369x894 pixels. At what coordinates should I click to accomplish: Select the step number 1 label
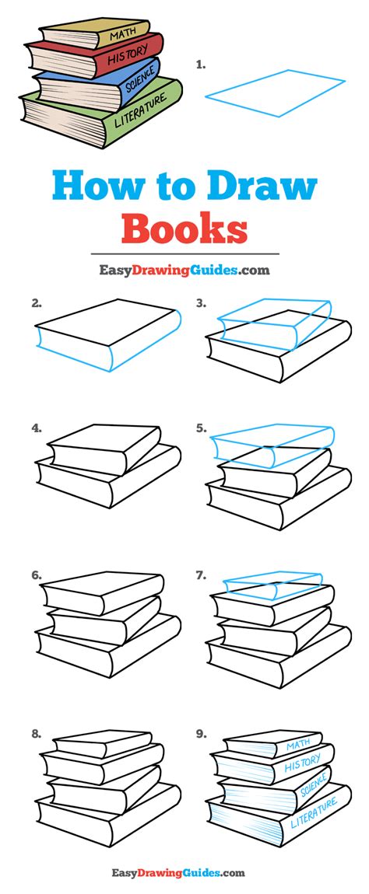[201, 65]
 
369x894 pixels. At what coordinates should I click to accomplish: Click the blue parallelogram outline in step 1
[276, 93]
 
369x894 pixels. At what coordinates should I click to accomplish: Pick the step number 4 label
[37, 428]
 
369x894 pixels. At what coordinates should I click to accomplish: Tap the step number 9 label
[201, 735]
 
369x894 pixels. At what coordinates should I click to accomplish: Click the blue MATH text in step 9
[298, 746]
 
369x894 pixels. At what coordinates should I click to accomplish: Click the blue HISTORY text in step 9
[303, 765]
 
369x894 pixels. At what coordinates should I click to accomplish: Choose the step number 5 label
[201, 428]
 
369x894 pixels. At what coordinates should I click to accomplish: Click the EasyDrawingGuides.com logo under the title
[184, 270]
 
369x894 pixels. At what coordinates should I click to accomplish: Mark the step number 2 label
[37, 304]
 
